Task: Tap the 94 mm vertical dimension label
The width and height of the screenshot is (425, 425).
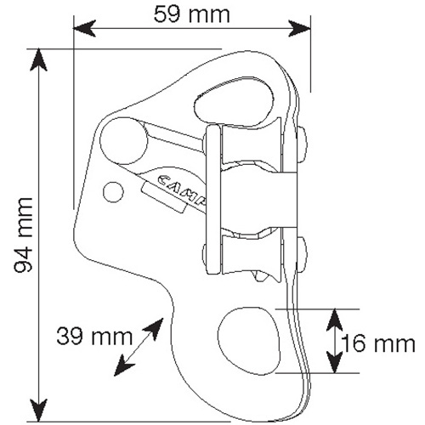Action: pos(24,235)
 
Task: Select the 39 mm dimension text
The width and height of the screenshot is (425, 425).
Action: pos(94,337)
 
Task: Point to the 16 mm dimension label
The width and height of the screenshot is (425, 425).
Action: pos(378,343)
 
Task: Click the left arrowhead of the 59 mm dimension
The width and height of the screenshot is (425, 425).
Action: pos(84,28)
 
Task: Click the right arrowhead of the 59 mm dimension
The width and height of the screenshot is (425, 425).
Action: pos(300,28)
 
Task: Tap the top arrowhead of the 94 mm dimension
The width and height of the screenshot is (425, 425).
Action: pos(38,60)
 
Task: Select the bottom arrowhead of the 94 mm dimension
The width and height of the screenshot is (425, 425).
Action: pos(38,411)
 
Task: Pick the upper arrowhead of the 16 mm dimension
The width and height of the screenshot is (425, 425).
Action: pos(335,320)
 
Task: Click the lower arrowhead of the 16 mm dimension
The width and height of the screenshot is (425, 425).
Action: pos(335,362)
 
